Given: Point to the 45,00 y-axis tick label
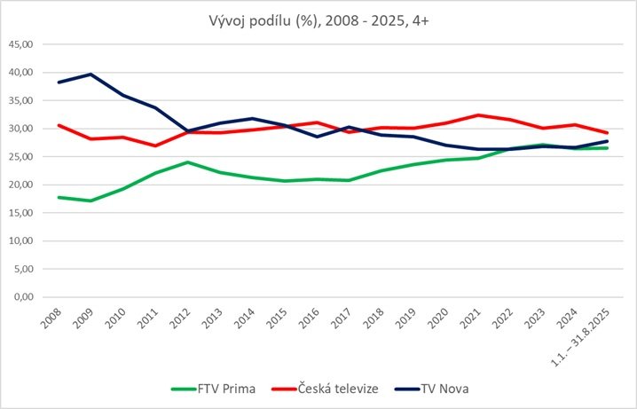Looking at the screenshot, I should click(20, 44).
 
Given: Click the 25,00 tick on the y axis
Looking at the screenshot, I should click(20, 157).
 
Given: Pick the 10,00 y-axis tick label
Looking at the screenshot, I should click(20, 241).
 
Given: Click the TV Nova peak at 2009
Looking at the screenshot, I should click(90, 75).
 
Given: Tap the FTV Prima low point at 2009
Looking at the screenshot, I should click(90, 201).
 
